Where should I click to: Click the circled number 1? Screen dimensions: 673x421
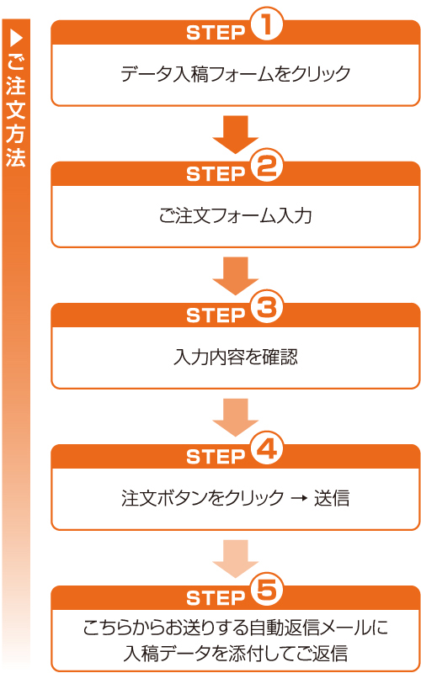point(266,28)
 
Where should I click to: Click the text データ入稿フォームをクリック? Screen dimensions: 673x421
point(236,74)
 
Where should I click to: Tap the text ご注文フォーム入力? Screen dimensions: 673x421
point(236,216)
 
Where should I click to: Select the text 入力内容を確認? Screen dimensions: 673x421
point(236,357)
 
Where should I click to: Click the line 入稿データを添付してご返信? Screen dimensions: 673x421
point(236,652)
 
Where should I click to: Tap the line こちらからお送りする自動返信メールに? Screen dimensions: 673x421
point(236,628)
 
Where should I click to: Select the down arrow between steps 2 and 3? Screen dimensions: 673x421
point(236,276)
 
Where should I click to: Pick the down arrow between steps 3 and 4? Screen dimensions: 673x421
point(236,417)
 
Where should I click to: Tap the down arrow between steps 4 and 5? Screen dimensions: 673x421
point(236,559)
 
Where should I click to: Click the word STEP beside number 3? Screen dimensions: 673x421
point(215,315)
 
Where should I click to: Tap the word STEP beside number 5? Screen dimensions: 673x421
point(215,598)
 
